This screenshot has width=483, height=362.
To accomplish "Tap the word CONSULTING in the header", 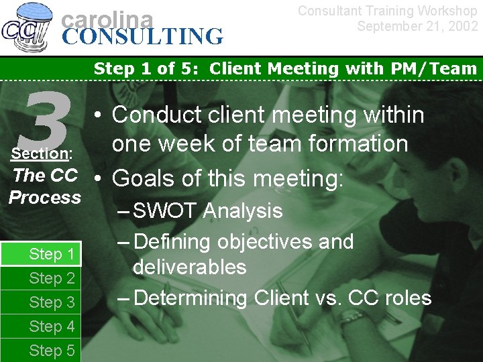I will [x=143, y=36].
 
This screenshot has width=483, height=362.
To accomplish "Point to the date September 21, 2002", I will [x=417, y=26].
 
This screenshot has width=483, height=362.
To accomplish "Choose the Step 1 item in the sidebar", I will [x=52, y=254].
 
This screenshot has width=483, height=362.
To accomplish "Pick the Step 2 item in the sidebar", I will [x=52, y=278].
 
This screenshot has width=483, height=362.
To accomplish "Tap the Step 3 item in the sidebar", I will [x=52, y=302].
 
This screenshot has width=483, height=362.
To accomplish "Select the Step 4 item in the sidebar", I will [x=52, y=326].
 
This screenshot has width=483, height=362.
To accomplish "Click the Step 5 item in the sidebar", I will [x=52, y=351].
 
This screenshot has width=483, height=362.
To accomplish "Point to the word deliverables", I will [x=190, y=267].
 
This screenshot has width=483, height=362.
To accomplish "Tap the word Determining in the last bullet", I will [x=191, y=298].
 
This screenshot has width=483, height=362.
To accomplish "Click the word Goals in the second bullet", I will [x=144, y=179].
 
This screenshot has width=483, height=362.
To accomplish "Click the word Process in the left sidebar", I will [x=45, y=198].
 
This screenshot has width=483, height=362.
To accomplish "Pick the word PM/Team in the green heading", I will [x=439, y=68].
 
